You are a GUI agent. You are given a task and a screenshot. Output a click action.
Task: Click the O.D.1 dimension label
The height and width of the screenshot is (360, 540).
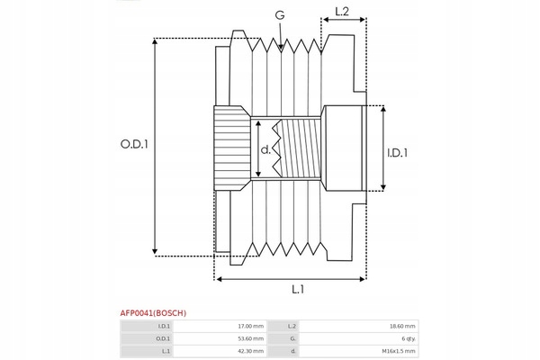pyautogui.click(x=134, y=144)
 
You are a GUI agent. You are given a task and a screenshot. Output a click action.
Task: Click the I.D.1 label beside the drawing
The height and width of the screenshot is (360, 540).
pyautogui.click(x=398, y=153)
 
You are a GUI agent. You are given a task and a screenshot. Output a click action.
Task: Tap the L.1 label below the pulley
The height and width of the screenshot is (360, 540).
pyautogui.click(x=298, y=290)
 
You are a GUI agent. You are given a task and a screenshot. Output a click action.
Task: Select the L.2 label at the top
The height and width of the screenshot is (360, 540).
pyautogui.click(x=342, y=12)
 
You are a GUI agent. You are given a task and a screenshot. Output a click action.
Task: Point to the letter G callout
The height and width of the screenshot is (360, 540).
pyautogui.click(x=280, y=15)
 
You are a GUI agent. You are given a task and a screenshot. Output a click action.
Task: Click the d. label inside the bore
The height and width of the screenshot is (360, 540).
pyautogui.click(x=265, y=149)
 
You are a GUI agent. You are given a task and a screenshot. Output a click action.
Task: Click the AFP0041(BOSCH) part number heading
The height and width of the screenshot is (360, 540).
pyautogui.click(x=153, y=313)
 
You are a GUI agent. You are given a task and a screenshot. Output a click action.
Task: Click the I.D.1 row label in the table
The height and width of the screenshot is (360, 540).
pyautogui.click(x=164, y=326)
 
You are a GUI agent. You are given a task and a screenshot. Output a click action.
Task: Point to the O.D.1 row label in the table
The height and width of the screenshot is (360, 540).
pyautogui.click(x=163, y=338)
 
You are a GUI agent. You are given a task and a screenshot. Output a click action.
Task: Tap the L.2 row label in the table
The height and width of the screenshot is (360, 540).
pyautogui.click(x=292, y=326)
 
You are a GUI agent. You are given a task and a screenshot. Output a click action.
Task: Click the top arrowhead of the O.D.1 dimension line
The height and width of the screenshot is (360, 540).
pyautogui.click(x=155, y=41)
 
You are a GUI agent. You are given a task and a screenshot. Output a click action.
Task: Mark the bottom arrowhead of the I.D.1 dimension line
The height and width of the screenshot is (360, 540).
pyautogui.click(x=383, y=187)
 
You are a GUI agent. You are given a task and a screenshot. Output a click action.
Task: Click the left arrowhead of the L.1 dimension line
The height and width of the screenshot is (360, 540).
pyautogui.click(x=219, y=279)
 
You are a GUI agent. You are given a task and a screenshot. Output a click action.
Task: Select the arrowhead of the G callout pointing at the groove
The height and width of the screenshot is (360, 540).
pyautogui.click(x=281, y=47)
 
